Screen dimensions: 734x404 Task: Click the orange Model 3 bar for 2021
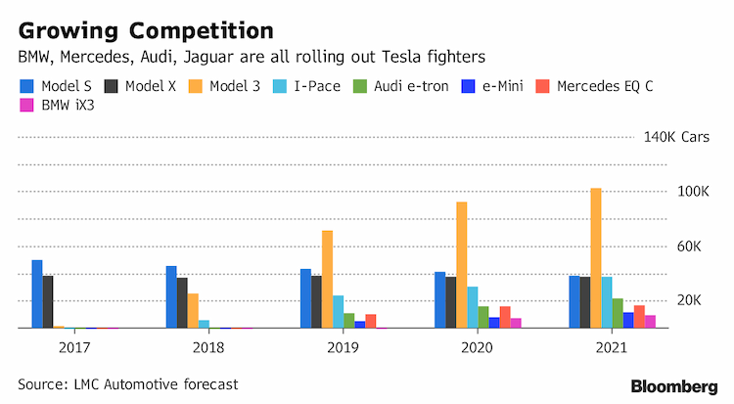[x=596, y=258]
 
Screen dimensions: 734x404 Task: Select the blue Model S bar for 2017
[x=37, y=294]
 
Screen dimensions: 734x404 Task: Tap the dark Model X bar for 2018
[x=182, y=303]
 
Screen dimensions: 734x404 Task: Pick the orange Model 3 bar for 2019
[x=327, y=279]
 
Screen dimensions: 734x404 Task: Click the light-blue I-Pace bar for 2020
[x=473, y=307]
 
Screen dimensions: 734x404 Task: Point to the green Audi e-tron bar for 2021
[x=618, y=313]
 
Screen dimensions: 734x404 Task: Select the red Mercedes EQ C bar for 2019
[x=371, y=321]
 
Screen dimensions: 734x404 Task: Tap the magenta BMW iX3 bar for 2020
[x=516, y=323]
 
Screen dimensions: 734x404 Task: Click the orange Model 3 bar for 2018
[x=193, y=311]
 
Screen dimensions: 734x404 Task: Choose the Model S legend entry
[x=56, y=86]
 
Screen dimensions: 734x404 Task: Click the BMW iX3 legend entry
[x=57, y=106]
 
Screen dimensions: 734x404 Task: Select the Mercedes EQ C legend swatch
[x=542, y=86]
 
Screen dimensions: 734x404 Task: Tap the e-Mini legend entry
[x=492, y=86]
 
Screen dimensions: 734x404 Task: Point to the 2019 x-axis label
[x=343, y=348]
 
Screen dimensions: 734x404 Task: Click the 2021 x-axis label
[x=612, y=348]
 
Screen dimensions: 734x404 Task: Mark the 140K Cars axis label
[x=676, y=137]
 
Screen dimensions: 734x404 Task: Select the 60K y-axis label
[x=689, y=247]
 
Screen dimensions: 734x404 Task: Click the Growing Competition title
[x=146, y=31]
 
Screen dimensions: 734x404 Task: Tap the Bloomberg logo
[x=674, y=386]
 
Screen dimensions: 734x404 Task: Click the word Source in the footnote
[x=43, y=384]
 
